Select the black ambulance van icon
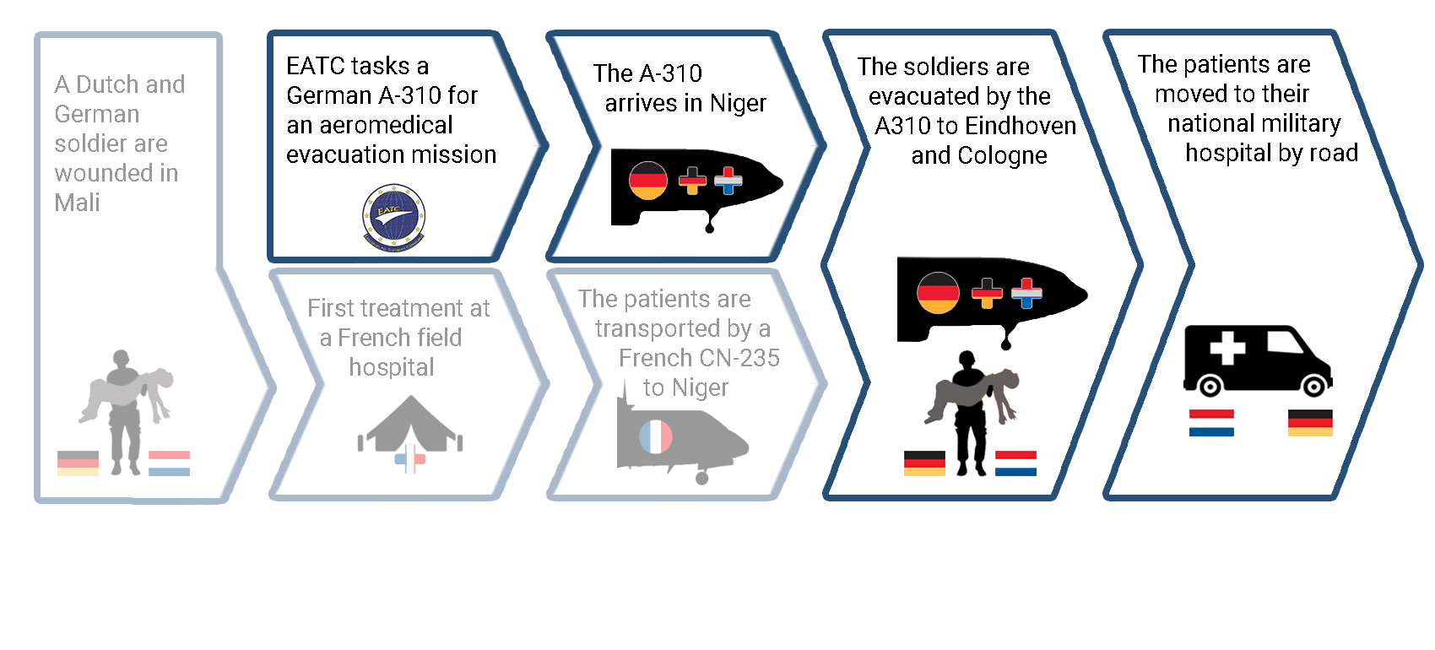click(1258, 360)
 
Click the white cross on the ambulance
click(1227, 349)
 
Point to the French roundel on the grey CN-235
click(655, 436)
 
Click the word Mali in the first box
click(77, 203)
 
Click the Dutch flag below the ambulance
click(1211, 423)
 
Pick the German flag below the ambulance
click(1310, 423)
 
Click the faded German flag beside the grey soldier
click(79, 463)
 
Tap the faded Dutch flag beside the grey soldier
click(169, 463)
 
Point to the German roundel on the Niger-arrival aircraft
click(647, 180)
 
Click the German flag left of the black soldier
click(924, 463)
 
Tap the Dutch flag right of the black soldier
click(1015, 463)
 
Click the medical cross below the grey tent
click(410, 458)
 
